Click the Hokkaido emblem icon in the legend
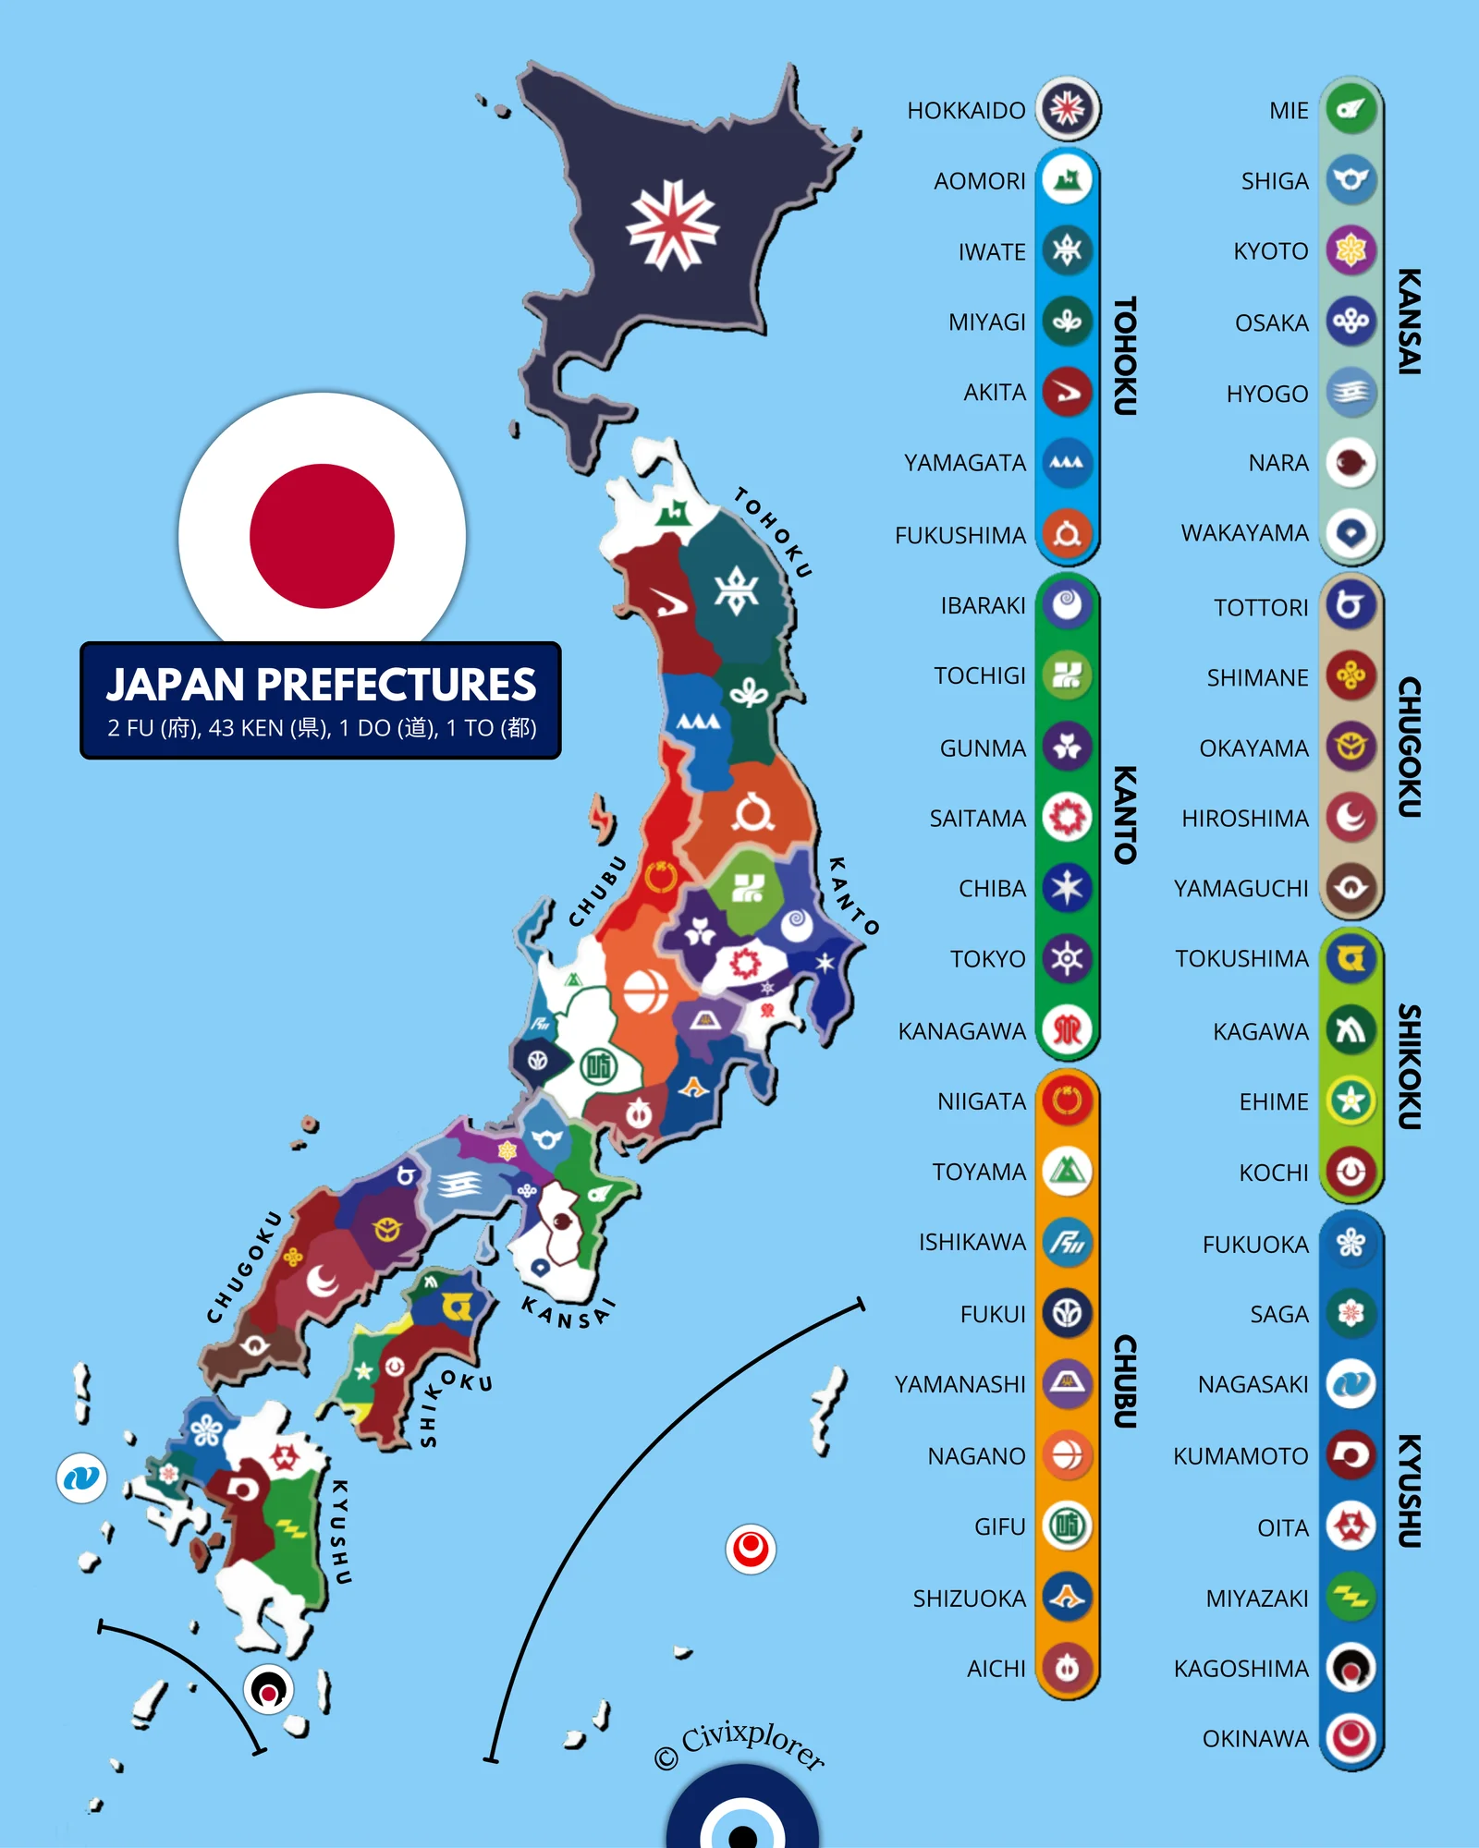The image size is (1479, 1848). (x=1067, y=109)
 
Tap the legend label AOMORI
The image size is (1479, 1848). (x=980, y=181)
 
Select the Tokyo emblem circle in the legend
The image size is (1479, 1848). (x=1067, y=958)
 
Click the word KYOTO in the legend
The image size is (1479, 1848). (x=1271, y=251)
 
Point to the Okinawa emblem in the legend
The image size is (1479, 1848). (x=1351, y=1738)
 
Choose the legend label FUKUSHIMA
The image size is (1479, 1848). (x=960, y=535)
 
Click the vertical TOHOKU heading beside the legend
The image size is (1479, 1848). (x=1124, y=356)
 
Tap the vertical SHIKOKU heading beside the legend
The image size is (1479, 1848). (x=1408, y=1066)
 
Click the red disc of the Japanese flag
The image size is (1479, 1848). (x=322, y=536)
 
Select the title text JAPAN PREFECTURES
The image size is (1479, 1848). (x=321, y=685)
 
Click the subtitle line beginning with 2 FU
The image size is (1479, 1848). (x=321, y=728)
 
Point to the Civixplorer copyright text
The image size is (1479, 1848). (x=739, y=1745)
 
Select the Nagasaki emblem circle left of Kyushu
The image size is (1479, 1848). (x=81, y=1477)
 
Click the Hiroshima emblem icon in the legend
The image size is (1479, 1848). (x=1351, y=817)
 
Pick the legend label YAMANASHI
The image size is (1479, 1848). (x=960, y=1384)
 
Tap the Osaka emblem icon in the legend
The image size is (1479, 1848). (x=1351, y=322)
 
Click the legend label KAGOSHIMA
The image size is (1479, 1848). (x=1241, y=1669)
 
